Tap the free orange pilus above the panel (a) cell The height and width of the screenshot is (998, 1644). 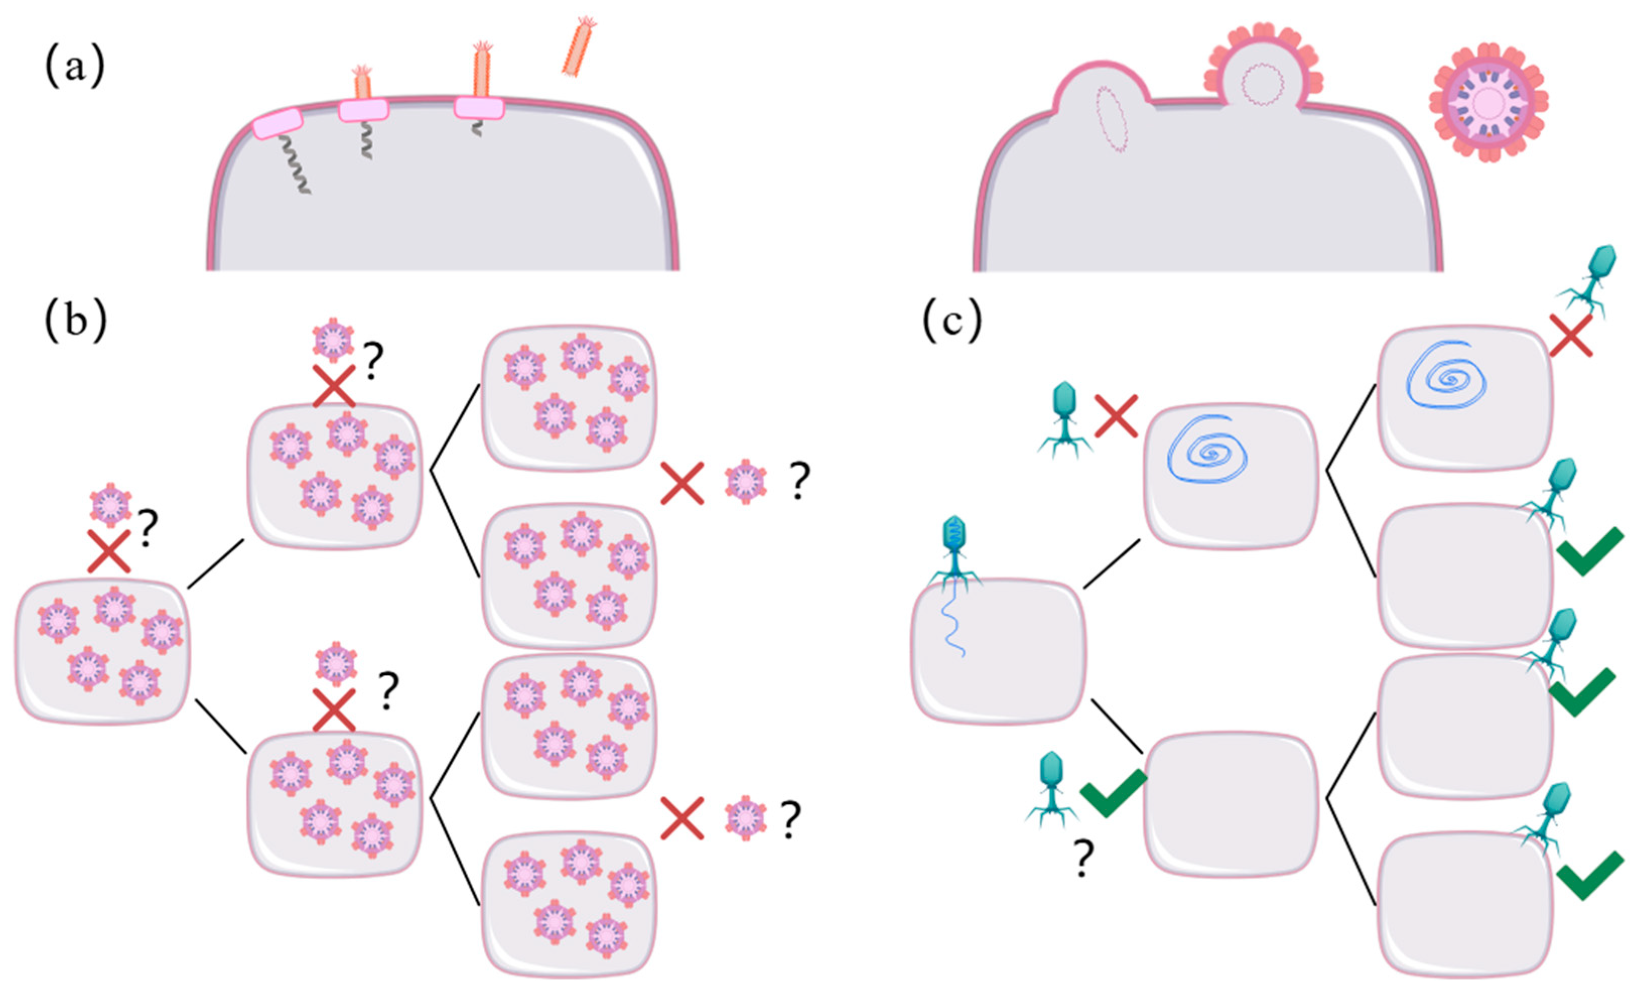pos(578,47)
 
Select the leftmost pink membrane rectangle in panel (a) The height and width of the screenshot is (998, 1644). pos(278,123)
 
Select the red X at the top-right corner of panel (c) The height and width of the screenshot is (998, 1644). pos(1570,335)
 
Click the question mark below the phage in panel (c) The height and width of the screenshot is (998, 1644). pos(1082,859)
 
